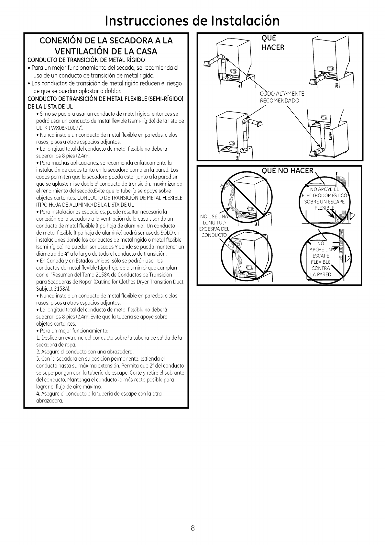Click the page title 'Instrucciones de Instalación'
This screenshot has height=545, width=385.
193,20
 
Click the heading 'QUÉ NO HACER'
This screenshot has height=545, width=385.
288,170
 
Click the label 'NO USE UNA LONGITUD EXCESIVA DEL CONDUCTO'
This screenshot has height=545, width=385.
214,226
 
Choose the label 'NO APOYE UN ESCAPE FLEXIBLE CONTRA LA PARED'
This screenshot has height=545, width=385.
321,259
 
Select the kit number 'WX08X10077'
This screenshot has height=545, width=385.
69,127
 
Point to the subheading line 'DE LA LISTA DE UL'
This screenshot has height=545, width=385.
50,106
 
